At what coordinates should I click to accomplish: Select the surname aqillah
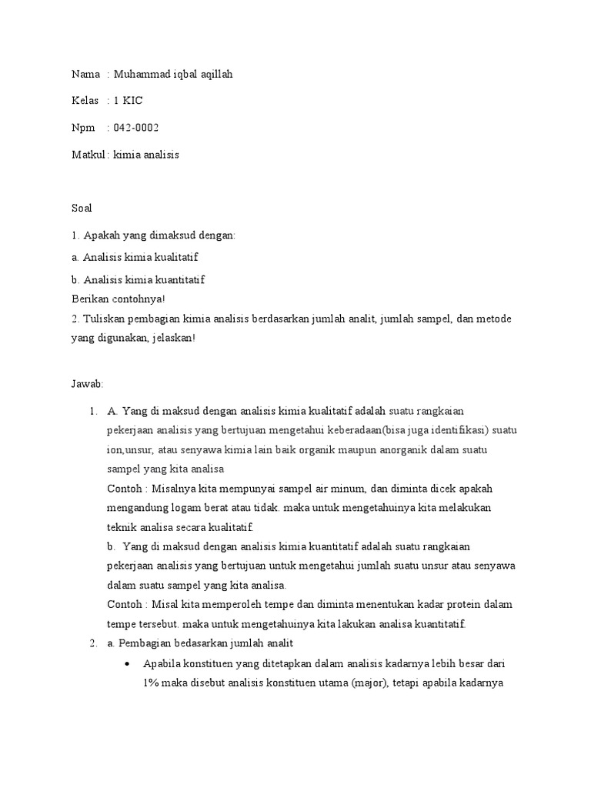[215, 75]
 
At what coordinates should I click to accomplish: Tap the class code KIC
[132, 101]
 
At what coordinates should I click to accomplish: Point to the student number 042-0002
[136, 128]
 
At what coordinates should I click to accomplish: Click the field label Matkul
[88, 155]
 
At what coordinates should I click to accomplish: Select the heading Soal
[82, 208]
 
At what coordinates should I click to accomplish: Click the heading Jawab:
[86, 384]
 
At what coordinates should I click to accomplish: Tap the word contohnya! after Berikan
[140, 299]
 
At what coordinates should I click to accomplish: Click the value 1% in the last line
[151, 683]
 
